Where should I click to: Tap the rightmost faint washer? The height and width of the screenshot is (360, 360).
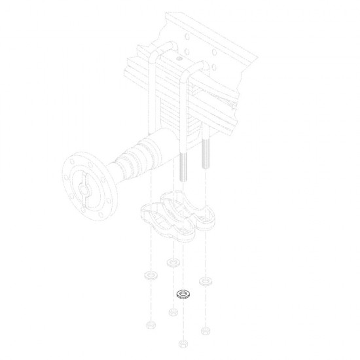206,282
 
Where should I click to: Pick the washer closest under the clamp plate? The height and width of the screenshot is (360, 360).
173,263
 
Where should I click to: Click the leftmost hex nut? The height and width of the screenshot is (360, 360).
151,324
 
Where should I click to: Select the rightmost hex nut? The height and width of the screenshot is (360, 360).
206,329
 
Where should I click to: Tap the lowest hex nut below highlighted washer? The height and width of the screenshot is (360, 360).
183,342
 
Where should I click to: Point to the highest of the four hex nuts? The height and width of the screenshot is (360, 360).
173,312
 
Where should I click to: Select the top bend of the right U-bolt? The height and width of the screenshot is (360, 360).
196,68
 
